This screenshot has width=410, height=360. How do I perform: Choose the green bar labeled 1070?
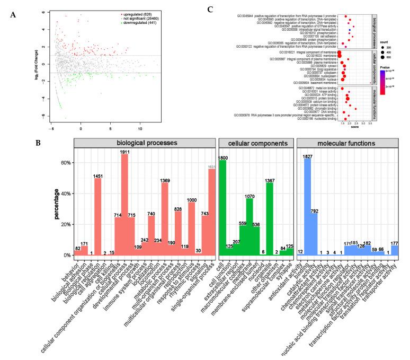click(x=249, y=220)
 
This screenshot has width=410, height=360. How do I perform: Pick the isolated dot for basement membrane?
click(x=370, y=83)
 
